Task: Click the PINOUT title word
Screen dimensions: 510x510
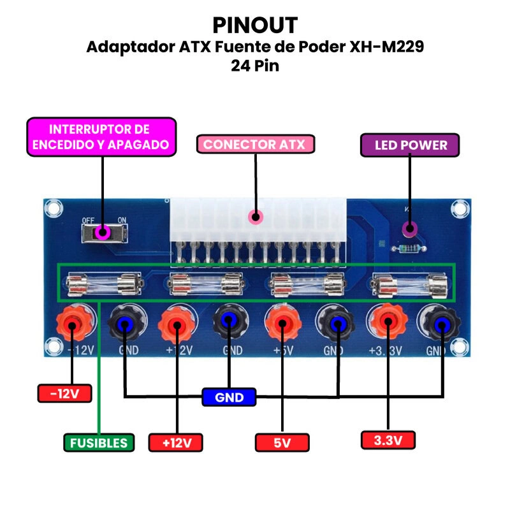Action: [255, 25]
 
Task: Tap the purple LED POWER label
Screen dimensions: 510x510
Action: [410, 145]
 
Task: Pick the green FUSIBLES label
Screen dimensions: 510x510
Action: [99, 442]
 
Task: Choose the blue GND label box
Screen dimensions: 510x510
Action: [229, 397]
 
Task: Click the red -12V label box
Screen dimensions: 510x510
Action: [64, 393]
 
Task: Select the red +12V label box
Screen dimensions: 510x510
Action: [175, 442]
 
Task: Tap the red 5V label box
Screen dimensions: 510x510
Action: [282, 442]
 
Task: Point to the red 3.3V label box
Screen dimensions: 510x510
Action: [388, 439]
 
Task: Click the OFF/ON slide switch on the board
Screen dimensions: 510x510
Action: [105, 233]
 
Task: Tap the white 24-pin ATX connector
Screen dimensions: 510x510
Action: [257, 220]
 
